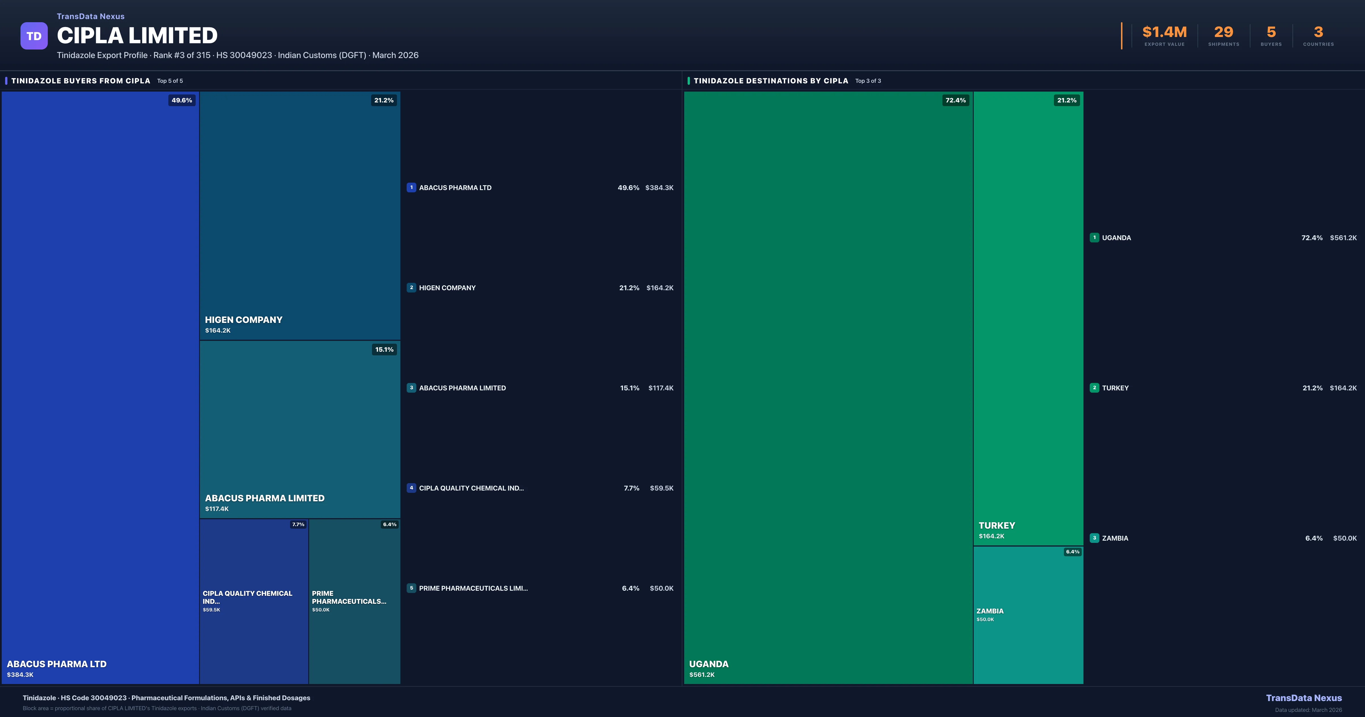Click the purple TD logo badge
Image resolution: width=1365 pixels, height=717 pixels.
pyautogui.click(x=34, y=36)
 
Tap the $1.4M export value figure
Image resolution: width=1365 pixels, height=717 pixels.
pyautogui.click(x=1164, y=32)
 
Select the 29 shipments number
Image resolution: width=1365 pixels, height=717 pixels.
pyautogui.click(x=1223, y=32)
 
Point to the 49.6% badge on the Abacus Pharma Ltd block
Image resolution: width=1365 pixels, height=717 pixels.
pyautogui.click(x=182, y=100)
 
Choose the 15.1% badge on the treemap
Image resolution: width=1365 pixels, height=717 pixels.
pyautogui.click(x=384, y=349)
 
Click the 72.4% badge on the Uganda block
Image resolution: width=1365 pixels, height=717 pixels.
pyautogui.click(x=955, y=100)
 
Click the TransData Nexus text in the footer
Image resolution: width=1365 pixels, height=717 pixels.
pyautogui.click(x=1304, y=698)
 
